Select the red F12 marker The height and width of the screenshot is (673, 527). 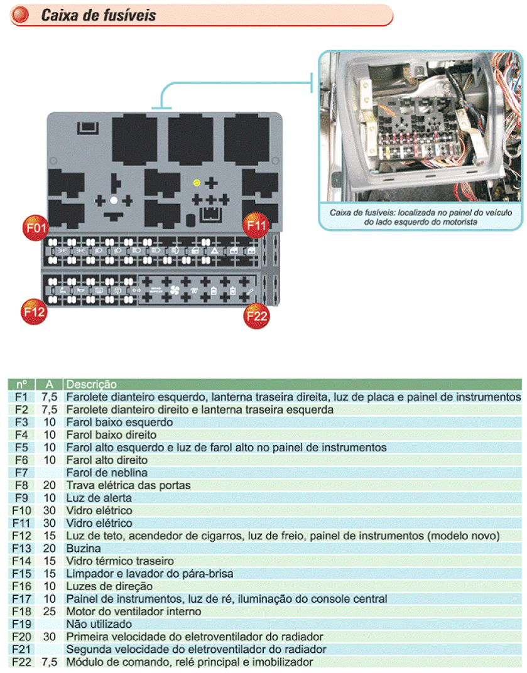point(34,311)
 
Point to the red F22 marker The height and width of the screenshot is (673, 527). point(257,315)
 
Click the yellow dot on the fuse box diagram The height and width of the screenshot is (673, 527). point(197,183)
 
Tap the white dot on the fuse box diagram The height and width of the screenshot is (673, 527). point(114,200)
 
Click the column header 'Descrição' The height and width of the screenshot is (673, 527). point(92,384)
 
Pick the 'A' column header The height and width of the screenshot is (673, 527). point(50,384)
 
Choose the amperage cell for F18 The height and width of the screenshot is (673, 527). point(50,611)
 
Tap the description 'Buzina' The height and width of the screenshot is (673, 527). point(84,548)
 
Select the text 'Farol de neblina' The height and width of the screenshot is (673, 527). point(103,473)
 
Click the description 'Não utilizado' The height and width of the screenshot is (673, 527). point(99,624)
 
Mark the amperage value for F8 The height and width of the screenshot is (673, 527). point(50,485)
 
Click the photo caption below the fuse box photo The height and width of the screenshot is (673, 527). point(420,217)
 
